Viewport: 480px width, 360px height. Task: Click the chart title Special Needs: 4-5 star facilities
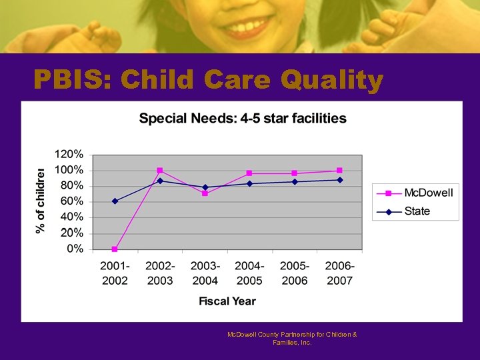[x=243, y=119]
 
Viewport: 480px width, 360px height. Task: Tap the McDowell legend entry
[x=427, y=193]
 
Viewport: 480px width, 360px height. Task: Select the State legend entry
[x=417, y=211]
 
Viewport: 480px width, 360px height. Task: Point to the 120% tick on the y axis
[x=69, y=154]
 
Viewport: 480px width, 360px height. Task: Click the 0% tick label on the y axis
[x=75, y=249]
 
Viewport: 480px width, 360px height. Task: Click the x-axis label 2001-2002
[x=115, y=273]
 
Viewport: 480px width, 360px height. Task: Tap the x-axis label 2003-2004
[x=205, y=273]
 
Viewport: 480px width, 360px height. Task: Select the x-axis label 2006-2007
[x=339, y=273]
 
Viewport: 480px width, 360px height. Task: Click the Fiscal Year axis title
[x=227, y=301]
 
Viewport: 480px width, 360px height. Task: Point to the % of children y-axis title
[x=41, y=200]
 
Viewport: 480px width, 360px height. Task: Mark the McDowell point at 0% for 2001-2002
[x=115, y=249]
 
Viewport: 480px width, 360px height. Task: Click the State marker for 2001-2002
[x=115, y=201]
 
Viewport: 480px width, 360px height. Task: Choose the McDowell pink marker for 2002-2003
[x=160, y=171]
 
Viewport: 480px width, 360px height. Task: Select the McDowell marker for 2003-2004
[x=205, y=193]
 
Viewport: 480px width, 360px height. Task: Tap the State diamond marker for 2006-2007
[x=339, y=180]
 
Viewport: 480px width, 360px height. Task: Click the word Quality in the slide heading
[x=332, y=81]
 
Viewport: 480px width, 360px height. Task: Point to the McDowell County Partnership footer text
[x=292, y=338]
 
